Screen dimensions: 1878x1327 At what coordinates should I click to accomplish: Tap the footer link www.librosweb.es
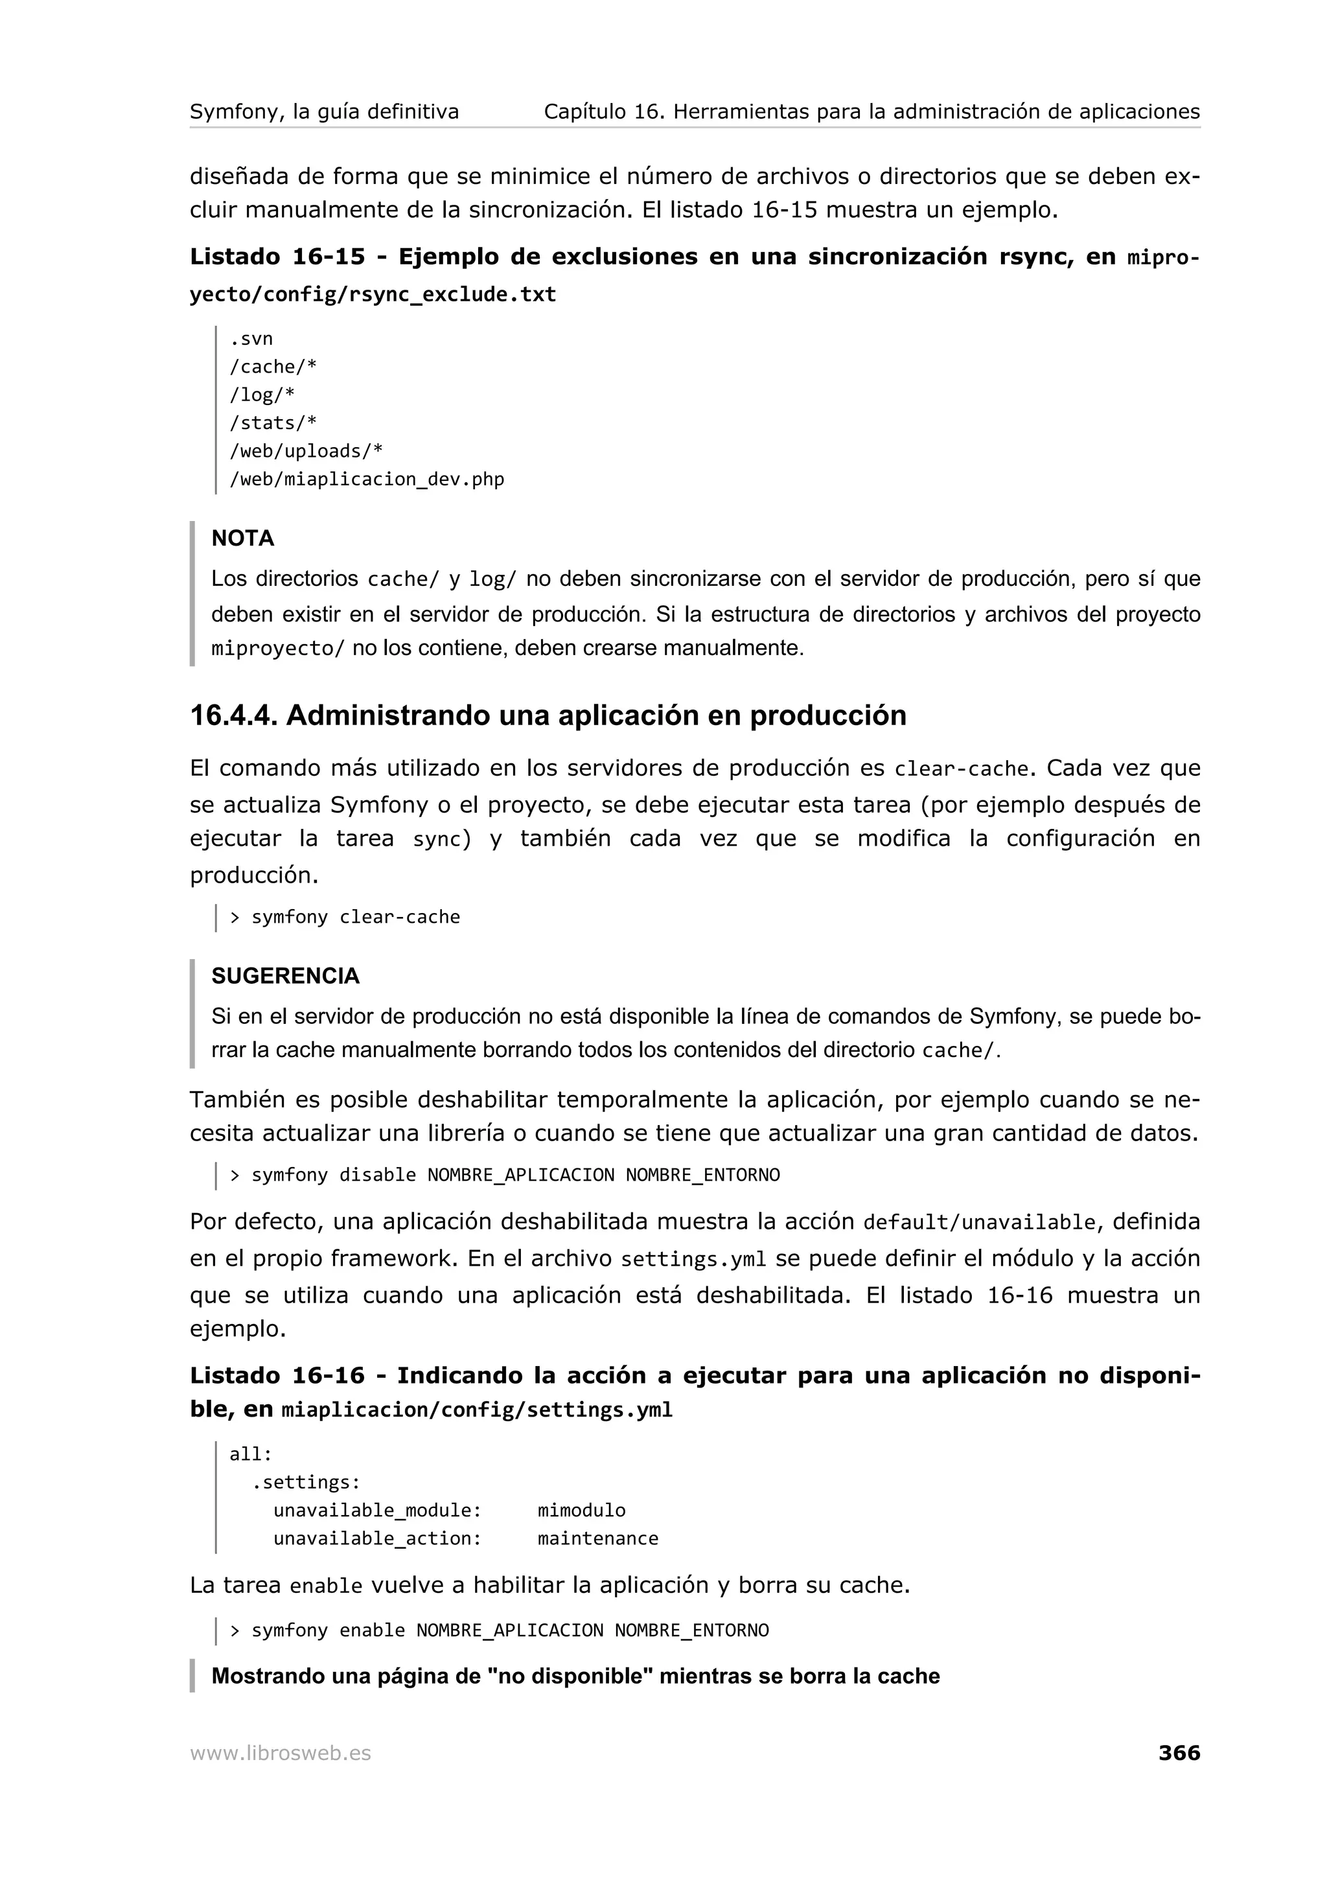pyautogui.click(x=281, y=1754)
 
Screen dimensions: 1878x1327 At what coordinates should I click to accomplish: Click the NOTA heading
pyautogui.click(x=243, y=539)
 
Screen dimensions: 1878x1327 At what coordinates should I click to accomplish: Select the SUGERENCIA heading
pyautogui.click(x=285, y=976)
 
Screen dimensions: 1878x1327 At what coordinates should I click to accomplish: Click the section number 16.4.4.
pyautogui.click(x=234, y=715)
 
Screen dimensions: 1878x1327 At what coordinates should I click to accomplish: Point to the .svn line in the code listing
pyautogui.click(x=251, y=339)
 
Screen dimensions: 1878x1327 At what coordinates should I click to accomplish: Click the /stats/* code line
pyautogui.click(x=273, y=423)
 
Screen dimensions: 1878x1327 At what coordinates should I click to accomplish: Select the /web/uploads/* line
pyautogui.click(x=306, y=450)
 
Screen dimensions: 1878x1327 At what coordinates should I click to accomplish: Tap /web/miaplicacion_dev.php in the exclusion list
pyautogui.click(x=366, y=480)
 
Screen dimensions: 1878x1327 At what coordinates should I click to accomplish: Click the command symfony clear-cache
pyautogui.click(x=356, y=917)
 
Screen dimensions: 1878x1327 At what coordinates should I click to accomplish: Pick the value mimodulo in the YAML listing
pyautogui.click(x=581, y=1510)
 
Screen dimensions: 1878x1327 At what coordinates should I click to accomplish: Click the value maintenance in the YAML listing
pyautogui.click(x=597, y=1538)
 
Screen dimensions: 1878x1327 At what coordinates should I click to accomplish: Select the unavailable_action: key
pyautogui.click(x=378, y=1538)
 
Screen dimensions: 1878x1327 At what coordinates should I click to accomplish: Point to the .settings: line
pyautogui.click(x=306, y=1482)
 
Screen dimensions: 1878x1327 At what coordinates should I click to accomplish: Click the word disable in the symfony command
pyautogui.click(x=378, y=1176)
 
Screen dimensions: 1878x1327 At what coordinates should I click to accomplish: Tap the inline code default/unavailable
pyautogui.click(x=978, y=1223)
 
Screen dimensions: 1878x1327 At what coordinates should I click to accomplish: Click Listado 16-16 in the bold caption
pyautogui.click(x=277, y=1376)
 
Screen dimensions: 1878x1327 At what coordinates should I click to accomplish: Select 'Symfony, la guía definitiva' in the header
pyautogui.click(x=325, y=111)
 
